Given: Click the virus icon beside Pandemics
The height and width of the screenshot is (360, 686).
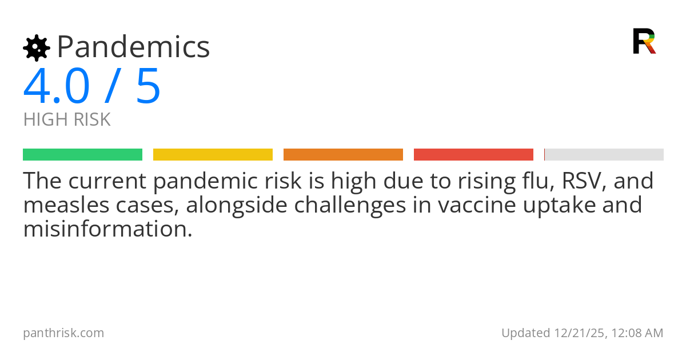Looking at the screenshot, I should click(37, 47).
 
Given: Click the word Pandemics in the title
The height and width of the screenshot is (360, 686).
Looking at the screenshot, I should click(133, 47).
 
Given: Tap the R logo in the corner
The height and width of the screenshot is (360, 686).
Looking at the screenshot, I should click(644, 41).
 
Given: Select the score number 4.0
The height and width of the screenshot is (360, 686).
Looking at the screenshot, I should click(57, 87).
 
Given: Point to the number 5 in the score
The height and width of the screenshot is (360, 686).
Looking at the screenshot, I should click(149, 87).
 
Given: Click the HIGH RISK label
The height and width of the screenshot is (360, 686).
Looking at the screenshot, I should click(67, 120).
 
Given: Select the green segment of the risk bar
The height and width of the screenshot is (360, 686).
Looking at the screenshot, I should click(82, 154).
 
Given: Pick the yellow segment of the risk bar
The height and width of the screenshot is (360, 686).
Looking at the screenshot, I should click(213, 154).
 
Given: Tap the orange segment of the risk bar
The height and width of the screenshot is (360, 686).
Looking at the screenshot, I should click(343, 154).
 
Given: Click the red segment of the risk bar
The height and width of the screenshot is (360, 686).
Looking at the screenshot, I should click(473, 154).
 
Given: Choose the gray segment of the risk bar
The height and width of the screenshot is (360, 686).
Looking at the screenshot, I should click(604, 154).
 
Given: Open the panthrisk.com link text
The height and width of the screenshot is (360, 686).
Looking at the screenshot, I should click(63, 333).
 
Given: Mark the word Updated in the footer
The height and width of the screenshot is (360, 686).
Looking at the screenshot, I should click(525, 333).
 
